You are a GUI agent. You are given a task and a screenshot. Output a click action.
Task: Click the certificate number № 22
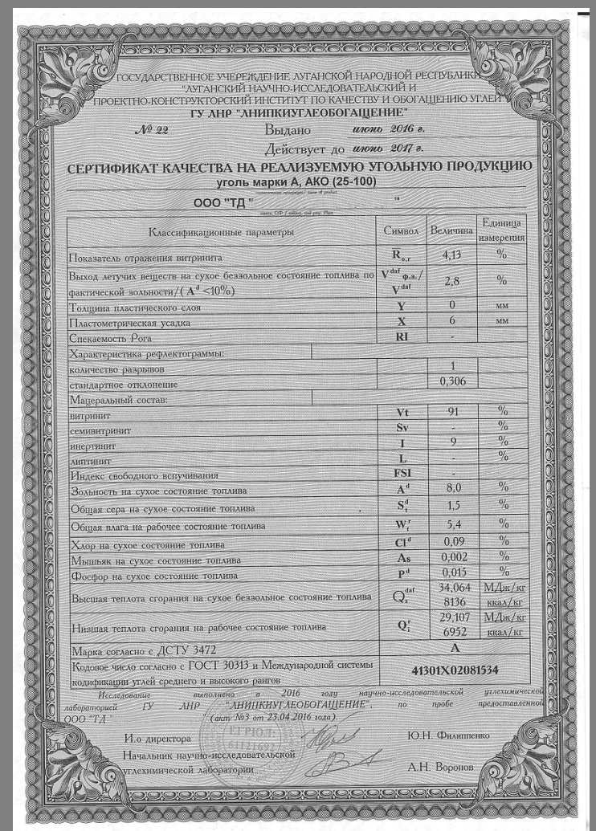coord(151,131)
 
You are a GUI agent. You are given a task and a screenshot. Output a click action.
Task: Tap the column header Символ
coord(402,230)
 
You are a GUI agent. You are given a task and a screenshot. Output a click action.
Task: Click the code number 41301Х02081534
coord(455,669)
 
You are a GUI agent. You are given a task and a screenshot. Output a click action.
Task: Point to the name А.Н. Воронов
coord(441,766)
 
